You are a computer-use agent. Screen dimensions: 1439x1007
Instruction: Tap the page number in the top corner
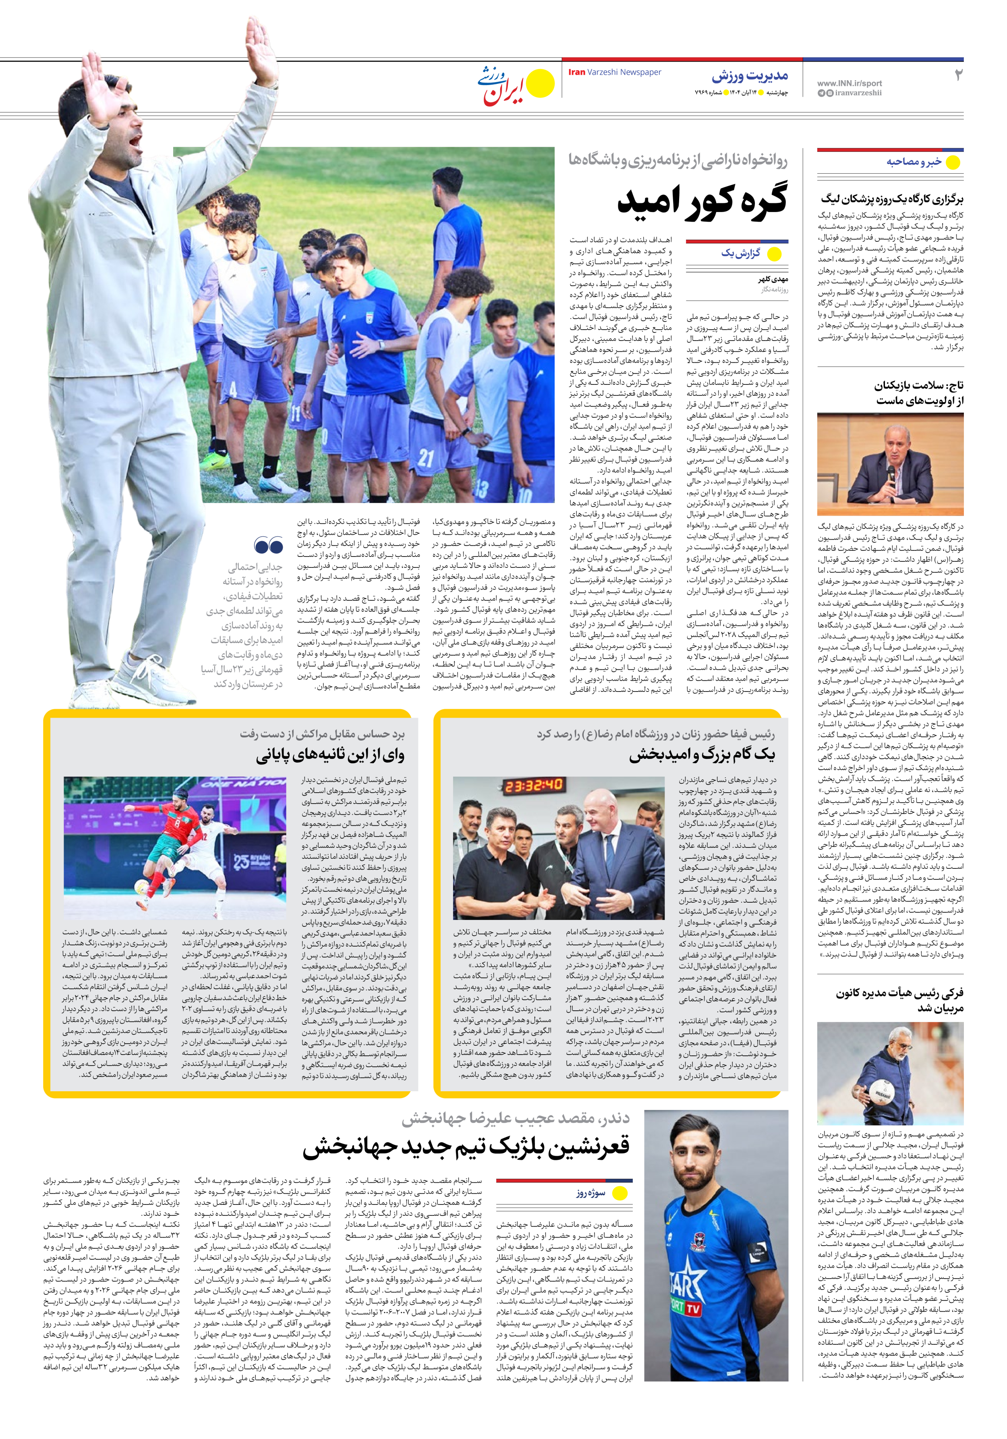pyautogui.click(x=957, y=75)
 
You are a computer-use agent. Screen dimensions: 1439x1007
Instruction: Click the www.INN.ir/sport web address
pyautogui.click(x=849, y=83)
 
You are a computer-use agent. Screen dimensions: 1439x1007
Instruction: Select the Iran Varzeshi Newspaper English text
pyautogui.click(x=614, y=72)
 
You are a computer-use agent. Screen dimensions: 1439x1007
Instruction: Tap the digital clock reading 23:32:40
pyautogui.click(x=533, y=785)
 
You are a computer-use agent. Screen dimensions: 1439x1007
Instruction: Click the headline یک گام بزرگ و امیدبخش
pyautogui.click(x=702, y=755)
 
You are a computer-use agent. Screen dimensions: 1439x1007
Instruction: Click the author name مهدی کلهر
pyautogui.click(x=773, y=279)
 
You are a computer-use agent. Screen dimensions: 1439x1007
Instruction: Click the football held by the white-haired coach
pyautogui.click(x=884, y=1095)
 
